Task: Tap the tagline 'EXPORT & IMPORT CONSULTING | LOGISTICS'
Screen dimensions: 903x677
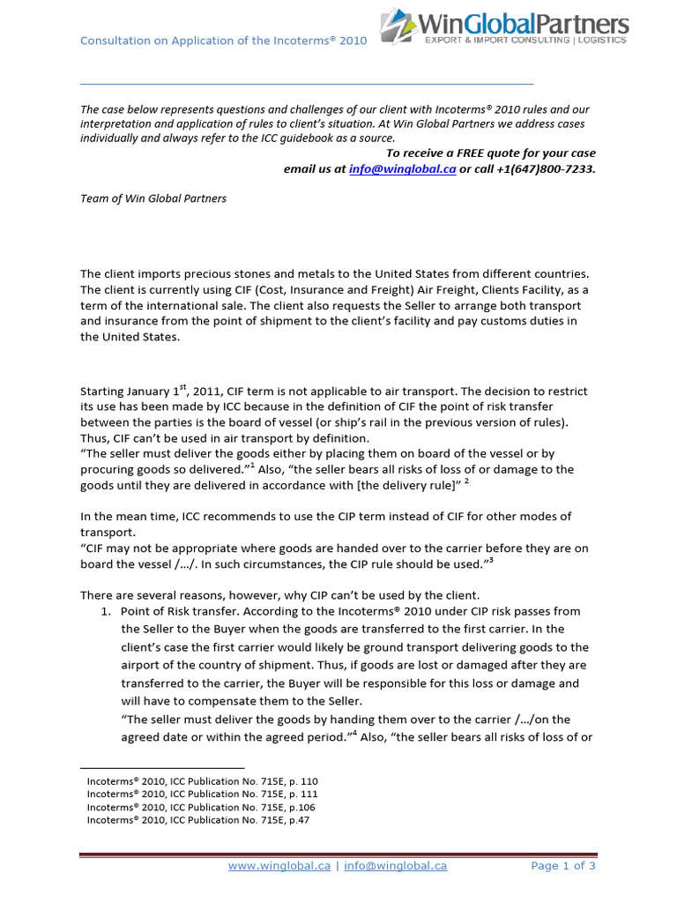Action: coord(525,40)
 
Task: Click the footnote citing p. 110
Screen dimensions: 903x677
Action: coord(202,781)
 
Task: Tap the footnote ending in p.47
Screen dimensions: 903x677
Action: coord(198,819)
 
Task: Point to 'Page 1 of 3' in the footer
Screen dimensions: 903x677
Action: coord(563,866)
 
